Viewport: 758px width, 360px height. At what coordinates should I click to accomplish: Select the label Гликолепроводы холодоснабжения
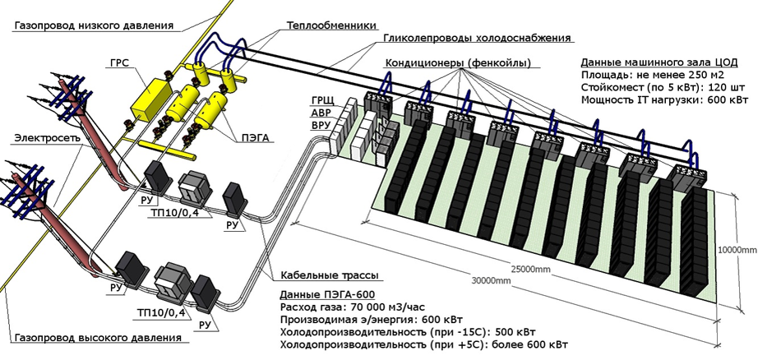[x=477, y=38]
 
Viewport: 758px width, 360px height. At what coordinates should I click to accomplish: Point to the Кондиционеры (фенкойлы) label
[x=457, y=64]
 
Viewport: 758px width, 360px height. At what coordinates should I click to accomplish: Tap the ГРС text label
[x=118, y=62]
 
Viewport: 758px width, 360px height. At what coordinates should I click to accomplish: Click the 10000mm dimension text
[x=737, y=248]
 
